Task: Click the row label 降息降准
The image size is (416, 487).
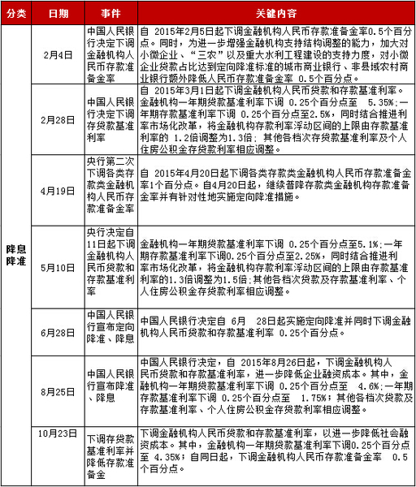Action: (x=16, y=253)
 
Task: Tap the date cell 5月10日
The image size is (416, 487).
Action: (x=58, y=265)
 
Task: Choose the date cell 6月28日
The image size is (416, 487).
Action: (x=58, y=333)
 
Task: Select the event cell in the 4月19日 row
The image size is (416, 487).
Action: (x=110, y=192)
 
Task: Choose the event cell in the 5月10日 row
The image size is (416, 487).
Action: (x=110, y=265)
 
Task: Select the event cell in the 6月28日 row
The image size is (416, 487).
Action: (x=110, y=333)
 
